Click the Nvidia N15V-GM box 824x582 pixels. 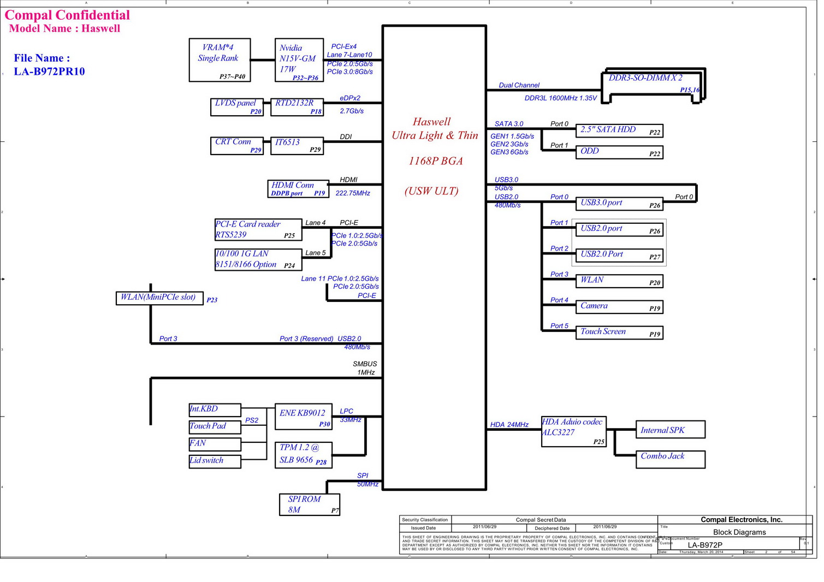click(298, 60)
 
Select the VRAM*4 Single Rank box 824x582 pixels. click(220, 60)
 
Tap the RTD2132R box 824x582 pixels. click(297, 107)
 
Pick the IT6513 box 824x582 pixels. click(297, 146)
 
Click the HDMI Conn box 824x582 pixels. click(298, 189)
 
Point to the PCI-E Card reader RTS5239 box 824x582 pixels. click(258, 230)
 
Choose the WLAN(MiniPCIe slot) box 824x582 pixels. click(159, 298)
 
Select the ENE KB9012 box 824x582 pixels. click(303, 417)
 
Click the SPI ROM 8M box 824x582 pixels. click(310, 504)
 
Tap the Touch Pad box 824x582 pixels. click(215, 426)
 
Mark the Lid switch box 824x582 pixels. click(215, 461)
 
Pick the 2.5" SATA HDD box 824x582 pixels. click(619, 130)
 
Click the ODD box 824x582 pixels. click(619, 152)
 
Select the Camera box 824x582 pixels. click(619, 307)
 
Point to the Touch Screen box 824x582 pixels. click(619, 332)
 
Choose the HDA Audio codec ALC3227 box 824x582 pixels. click(573, 431)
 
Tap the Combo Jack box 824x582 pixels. click(670, 459)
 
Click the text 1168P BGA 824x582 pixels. click(435, 161)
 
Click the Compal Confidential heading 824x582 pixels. click(67, 15)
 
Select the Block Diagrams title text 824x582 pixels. click(739, 532)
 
